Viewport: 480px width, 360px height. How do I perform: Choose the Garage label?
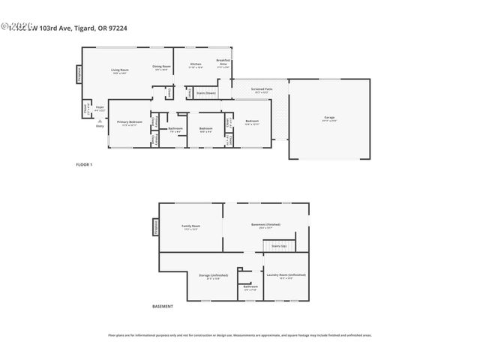[x=329, y=118]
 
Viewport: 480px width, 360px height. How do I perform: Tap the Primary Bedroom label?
[x=129, y=123]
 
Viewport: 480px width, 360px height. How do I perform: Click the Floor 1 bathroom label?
[x=175, y=129]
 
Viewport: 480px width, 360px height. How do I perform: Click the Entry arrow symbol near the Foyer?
[x=99, y=120]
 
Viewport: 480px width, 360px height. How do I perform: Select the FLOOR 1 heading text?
[x=84, y=163]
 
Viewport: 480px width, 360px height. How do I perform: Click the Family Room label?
[x=191, y=227]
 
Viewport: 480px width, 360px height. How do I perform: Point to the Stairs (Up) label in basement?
[x=278, y=245]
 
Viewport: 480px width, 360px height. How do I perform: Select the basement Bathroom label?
[x=250, y=287]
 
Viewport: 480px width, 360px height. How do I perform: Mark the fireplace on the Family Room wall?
[x=155, y=226]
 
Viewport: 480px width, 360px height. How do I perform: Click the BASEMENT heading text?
[x=163, y=307]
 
